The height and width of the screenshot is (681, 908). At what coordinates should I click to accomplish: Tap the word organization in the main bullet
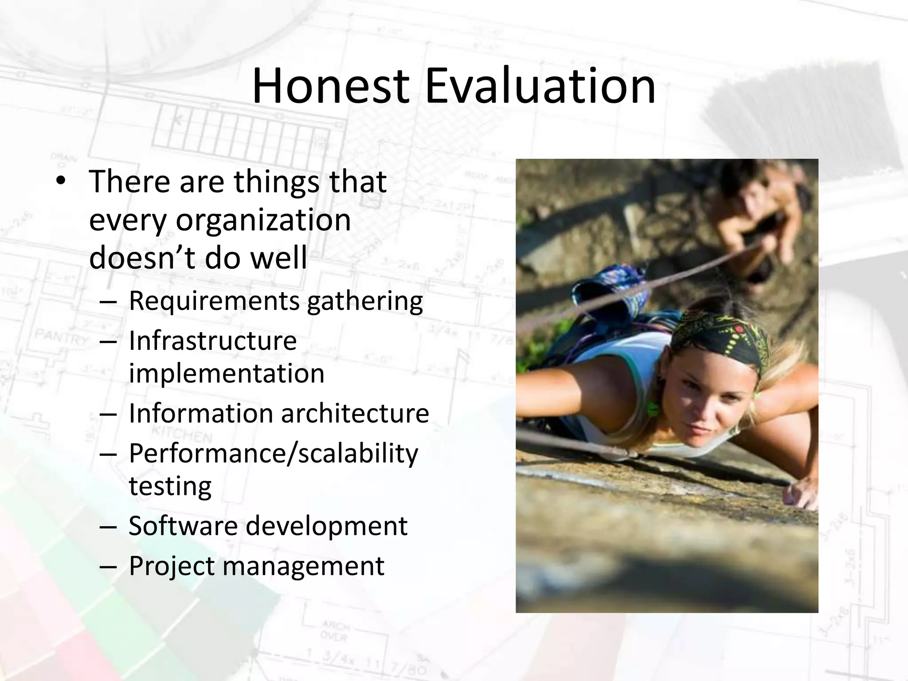pos(263,220)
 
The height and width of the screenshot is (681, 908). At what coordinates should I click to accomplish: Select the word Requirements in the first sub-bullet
pos(214,301)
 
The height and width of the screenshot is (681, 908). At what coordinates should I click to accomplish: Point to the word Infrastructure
pos(213,341)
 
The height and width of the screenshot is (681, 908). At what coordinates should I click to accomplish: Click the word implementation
pos(227,373)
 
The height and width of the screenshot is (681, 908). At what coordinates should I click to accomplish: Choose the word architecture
pos(355,413)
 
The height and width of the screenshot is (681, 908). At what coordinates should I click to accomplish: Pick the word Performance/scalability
pos(273,454)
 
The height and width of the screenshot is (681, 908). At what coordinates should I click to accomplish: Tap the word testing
pos(170,486)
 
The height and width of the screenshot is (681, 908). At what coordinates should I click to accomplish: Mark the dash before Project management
pos(108,567)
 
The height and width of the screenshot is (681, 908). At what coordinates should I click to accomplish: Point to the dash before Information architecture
pos(108,414)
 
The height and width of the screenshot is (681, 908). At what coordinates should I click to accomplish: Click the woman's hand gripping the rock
pos(802,492)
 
